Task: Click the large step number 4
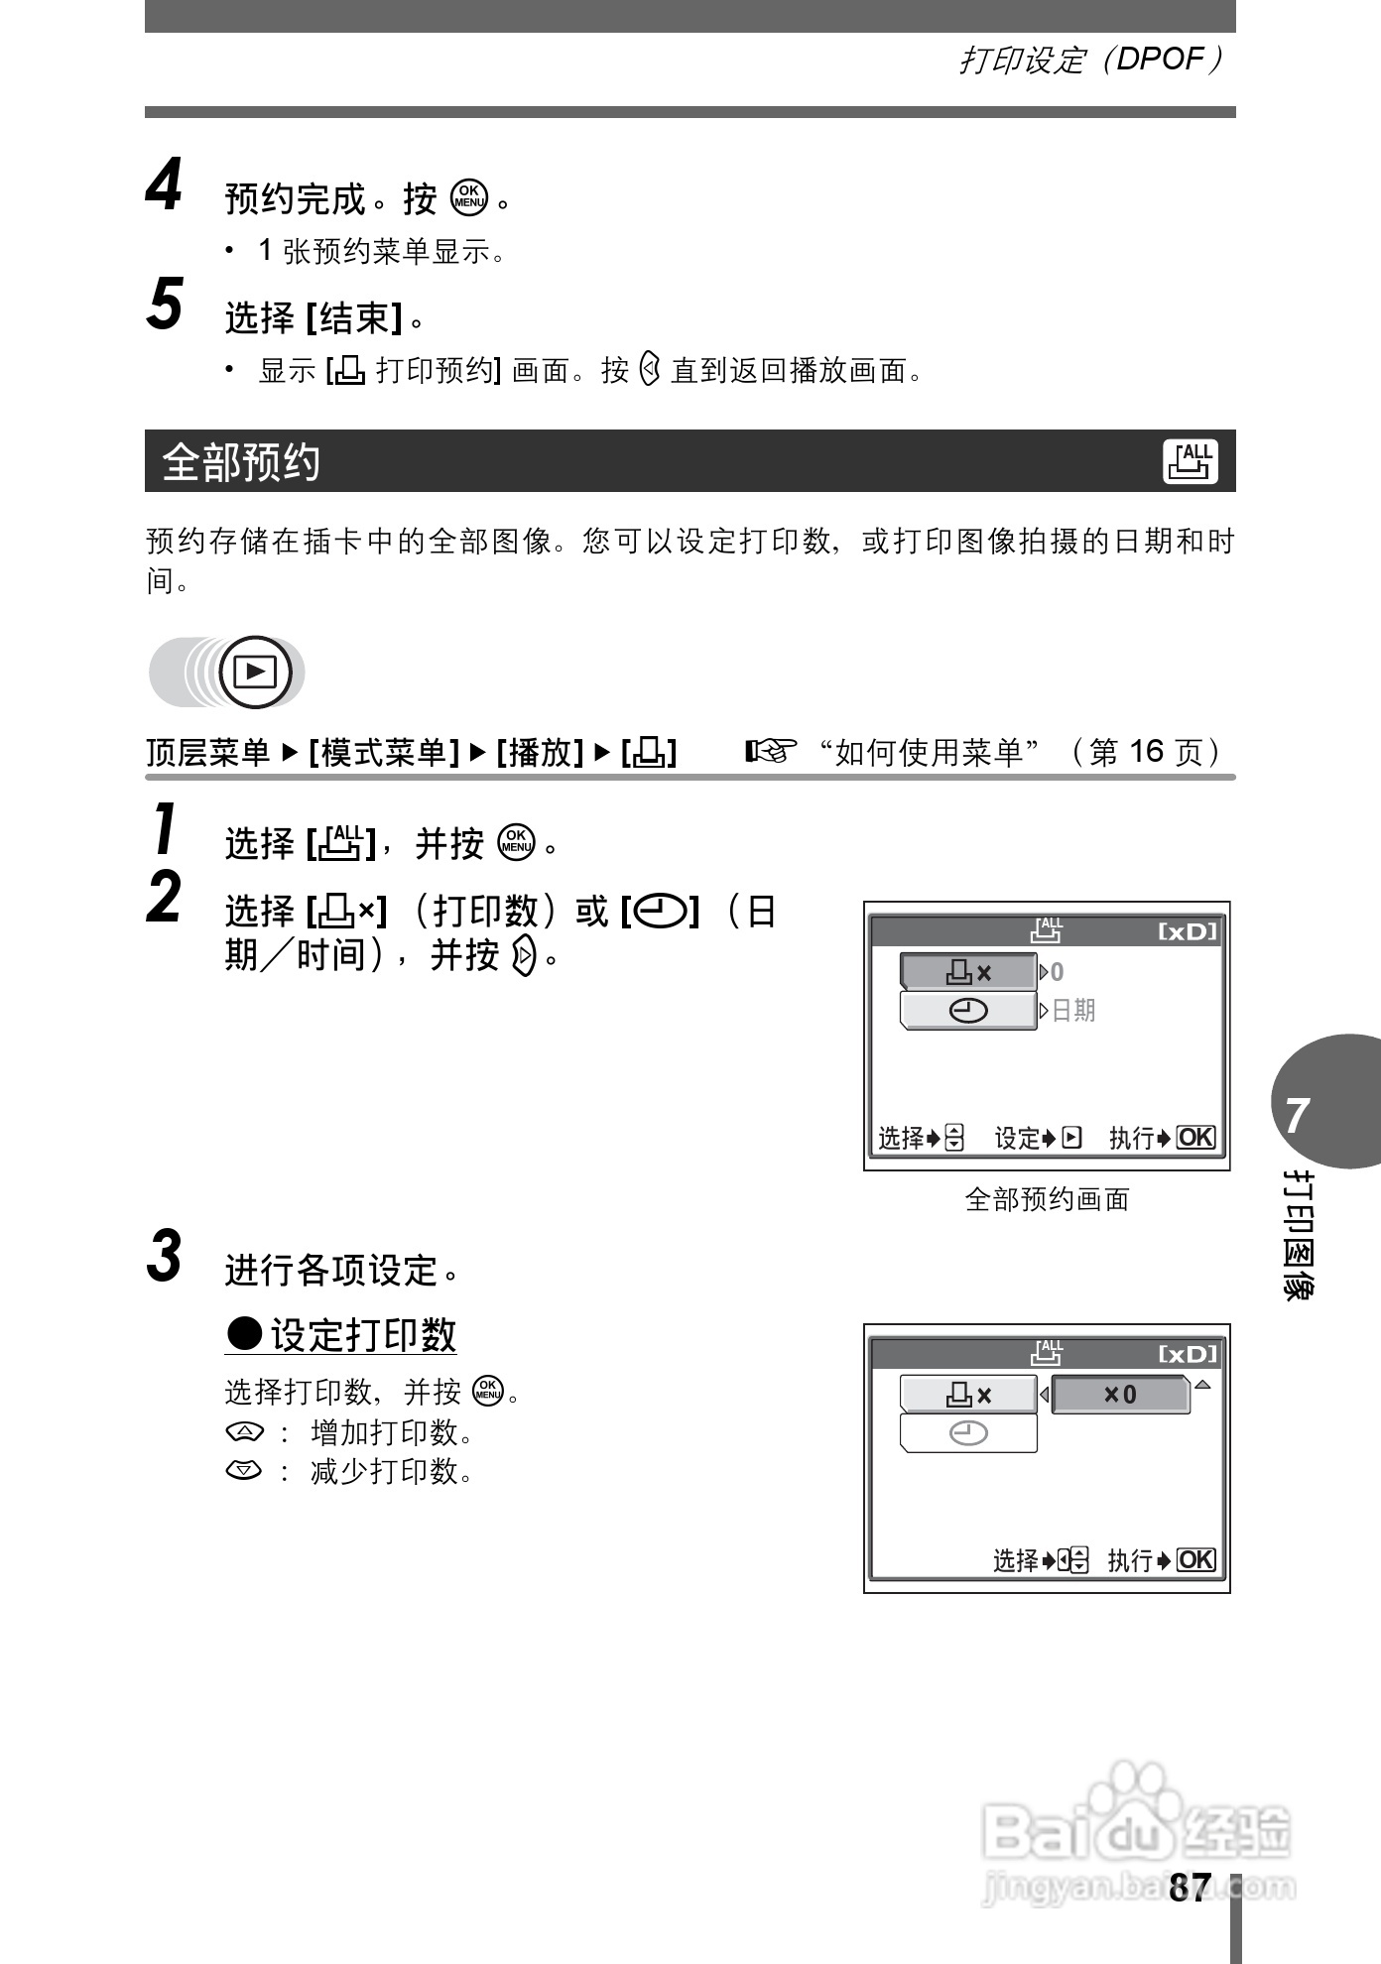pos(165,185)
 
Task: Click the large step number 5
pos(165,305)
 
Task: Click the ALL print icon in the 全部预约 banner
pos(1190,461)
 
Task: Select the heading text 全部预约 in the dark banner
pos(241,462)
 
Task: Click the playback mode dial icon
pos(255,673)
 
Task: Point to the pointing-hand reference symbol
pos(771,752)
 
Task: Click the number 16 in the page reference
pos(1145,752)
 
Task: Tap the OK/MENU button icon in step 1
pos(516,842)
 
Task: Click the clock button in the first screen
pos(968,1011)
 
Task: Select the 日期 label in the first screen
pos(1072,1011)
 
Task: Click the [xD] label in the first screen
pos(1187,932)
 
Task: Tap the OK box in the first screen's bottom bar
pos(1195,1138)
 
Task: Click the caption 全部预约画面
pos(1047,1199)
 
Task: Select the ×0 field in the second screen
pos(1120,1395)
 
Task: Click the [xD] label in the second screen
pos(1187,1355)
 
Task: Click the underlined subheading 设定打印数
pos(362,1335)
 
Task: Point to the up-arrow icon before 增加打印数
pos(244,1432)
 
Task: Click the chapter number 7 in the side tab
pos(1298,1116)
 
